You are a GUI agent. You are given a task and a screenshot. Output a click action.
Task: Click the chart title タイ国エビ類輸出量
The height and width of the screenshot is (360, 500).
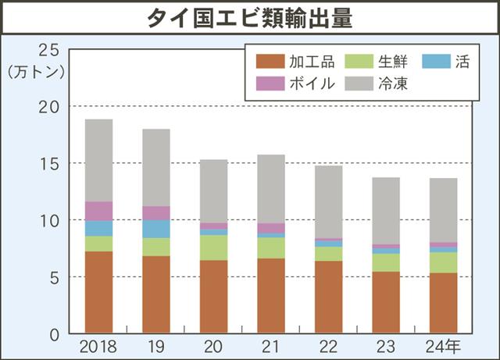250,19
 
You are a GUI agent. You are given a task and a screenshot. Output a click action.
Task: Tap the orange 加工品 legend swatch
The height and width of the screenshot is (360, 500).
269,61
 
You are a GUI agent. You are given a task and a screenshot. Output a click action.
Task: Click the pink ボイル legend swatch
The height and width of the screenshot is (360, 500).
269,83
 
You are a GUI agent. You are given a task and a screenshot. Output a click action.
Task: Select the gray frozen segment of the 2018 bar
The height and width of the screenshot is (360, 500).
98,160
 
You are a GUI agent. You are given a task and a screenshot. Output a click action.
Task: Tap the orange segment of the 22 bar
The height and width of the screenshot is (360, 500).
328,297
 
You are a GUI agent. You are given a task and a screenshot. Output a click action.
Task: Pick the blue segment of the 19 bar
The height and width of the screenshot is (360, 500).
156,229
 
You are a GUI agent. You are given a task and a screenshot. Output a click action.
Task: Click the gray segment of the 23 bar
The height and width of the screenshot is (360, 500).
386,211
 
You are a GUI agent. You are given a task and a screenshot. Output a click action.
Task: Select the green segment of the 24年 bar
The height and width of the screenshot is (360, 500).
443,262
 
